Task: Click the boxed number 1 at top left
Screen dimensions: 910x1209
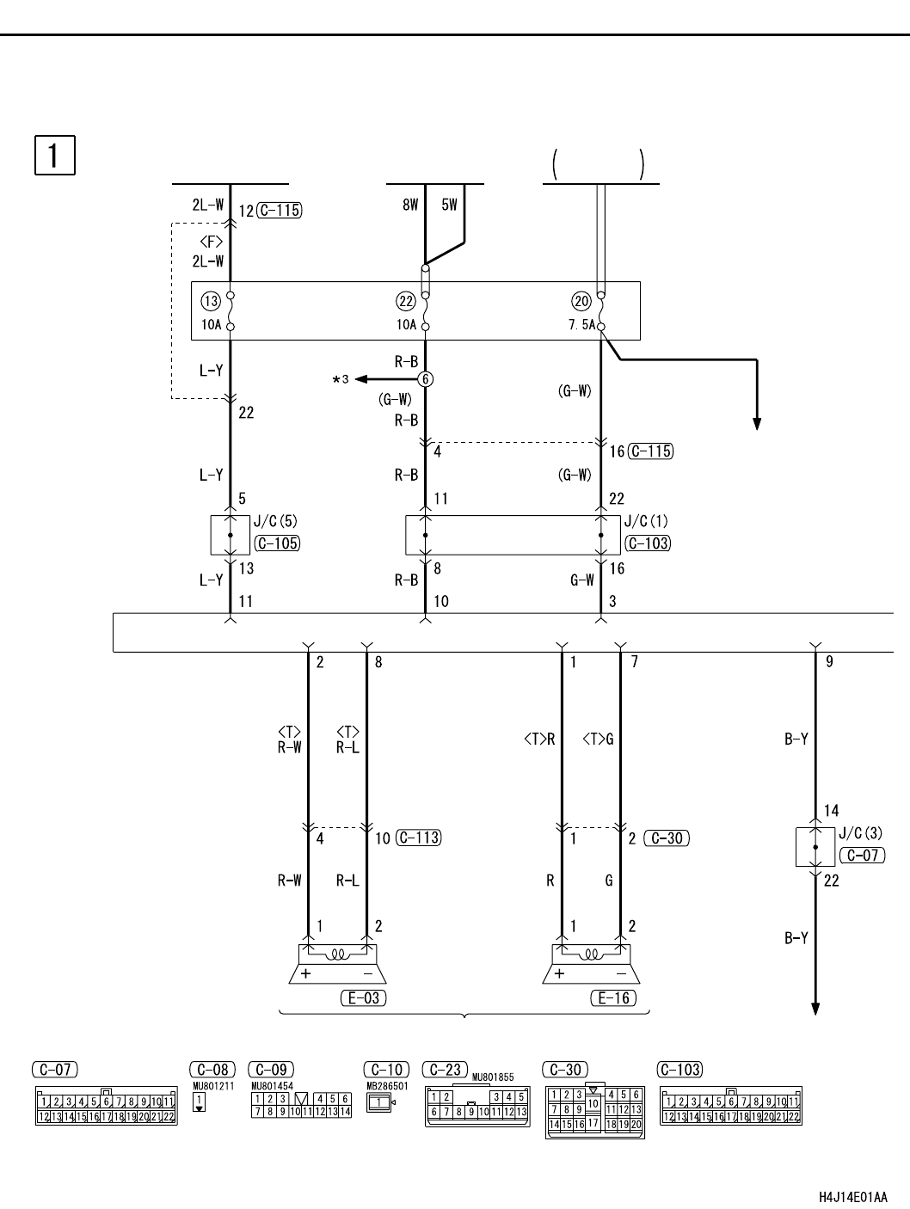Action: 54,156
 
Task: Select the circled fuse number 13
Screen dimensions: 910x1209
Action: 211,301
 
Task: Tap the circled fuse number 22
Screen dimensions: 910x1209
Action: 406,301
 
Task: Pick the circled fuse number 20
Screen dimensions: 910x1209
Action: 581,301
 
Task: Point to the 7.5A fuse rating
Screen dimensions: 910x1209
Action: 582,325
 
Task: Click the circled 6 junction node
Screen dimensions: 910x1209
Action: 425,379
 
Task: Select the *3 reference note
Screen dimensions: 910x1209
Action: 341,379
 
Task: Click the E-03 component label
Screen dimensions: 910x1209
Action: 364,997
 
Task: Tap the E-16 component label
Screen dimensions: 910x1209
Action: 613,997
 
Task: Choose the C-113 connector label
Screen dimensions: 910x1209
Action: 419,838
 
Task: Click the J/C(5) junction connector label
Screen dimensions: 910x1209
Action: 275,521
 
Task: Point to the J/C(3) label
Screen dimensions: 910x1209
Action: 860,833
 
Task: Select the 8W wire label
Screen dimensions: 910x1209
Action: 410,205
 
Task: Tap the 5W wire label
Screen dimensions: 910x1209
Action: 450,205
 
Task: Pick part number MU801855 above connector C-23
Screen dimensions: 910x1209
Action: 493,1077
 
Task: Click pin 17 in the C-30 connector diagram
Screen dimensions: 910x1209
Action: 593,1122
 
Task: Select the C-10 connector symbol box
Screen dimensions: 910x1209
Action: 379,1102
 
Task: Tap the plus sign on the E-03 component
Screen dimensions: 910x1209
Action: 305,973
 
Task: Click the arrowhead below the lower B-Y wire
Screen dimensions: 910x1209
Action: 815,1009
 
